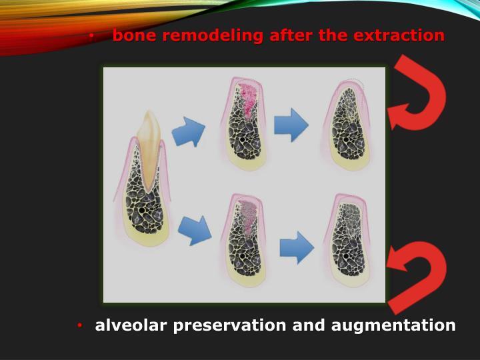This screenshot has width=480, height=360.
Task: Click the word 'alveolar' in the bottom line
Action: click(131, 325)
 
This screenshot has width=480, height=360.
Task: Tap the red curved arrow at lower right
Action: click(419, 276)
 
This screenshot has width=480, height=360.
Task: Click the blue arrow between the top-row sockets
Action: click(291, 124)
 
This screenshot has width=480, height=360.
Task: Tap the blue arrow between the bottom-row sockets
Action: click(296, 247)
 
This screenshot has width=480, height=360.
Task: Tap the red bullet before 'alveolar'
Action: click(79, 326)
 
